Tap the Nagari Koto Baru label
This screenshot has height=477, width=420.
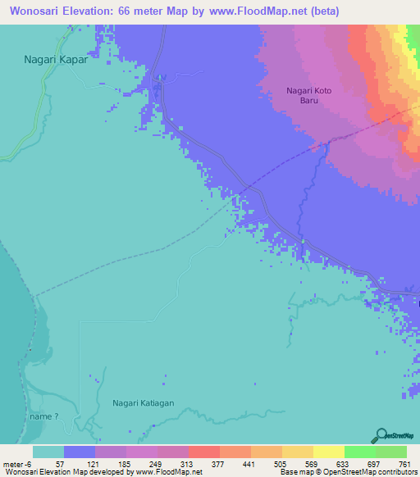click(313, 97)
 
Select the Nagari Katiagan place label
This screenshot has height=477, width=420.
click(144, 403)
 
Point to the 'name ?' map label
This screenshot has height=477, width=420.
click(44, 416)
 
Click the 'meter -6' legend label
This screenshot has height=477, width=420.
click(17, 463)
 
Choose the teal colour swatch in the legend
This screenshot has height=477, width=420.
click(48, 452)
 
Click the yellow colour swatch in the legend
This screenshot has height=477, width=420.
click(329, 452)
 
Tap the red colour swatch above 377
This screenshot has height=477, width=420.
click(204, 452)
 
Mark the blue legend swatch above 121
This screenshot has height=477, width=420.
click(80, 452)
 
